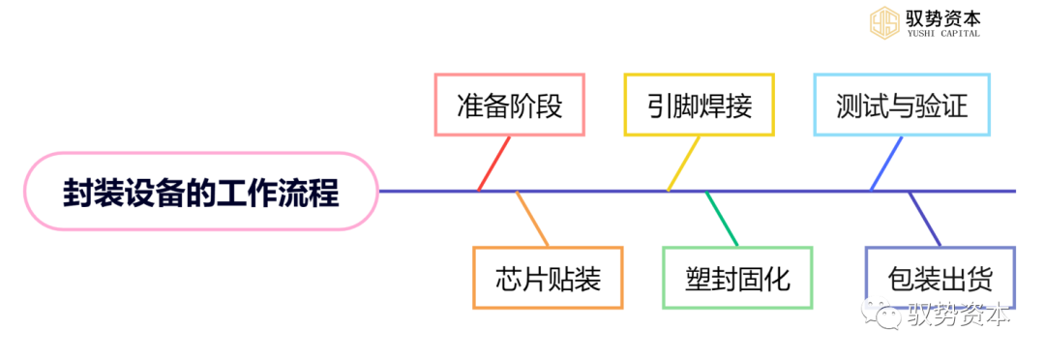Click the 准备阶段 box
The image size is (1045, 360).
click(x=510, y=104)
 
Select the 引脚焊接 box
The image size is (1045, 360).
click(x=701, y=104)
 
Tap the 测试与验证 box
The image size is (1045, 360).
click(x=902, y=104)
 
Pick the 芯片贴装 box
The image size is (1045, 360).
click(x=548, y=278)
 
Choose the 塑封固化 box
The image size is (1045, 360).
click(x=737, y=278)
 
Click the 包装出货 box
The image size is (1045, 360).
click(x=940, y=278)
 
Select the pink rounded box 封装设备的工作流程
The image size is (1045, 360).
click(x=200, y=191)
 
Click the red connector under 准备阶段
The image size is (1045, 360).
click(x=493, y=164)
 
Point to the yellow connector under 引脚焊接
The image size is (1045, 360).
click(x=683, y=164)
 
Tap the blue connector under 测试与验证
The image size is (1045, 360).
click(x=886, y=164)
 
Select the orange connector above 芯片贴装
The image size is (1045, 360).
click(x=532, y=219)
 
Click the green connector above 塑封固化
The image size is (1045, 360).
click(x=722, y=219)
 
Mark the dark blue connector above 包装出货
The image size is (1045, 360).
click(x=924, y=219)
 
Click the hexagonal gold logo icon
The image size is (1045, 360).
click(x=883, y=22)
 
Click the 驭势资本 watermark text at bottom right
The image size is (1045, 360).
click(x=958, y=316)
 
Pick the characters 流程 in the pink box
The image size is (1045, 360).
click(x=311, y=192)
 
